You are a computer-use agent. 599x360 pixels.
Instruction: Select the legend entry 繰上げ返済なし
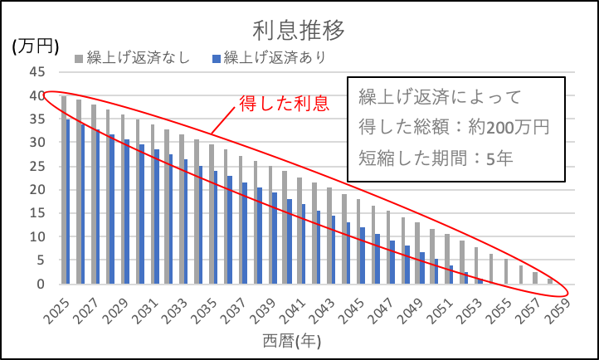click(x=138, y=57)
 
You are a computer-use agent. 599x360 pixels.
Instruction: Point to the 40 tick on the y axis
click(x=38, y=95)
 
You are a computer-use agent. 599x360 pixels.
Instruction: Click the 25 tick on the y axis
click(x=38, y=166)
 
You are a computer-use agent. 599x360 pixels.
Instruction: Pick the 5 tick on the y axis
click(x=41, y=260)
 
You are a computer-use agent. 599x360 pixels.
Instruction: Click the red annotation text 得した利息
click(x=273, y=104)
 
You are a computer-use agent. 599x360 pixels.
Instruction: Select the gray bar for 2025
click(x=64, y=190)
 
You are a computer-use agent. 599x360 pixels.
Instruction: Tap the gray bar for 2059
click(x=550, y=281)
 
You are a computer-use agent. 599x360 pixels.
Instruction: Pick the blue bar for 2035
click(x=217, y=227)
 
